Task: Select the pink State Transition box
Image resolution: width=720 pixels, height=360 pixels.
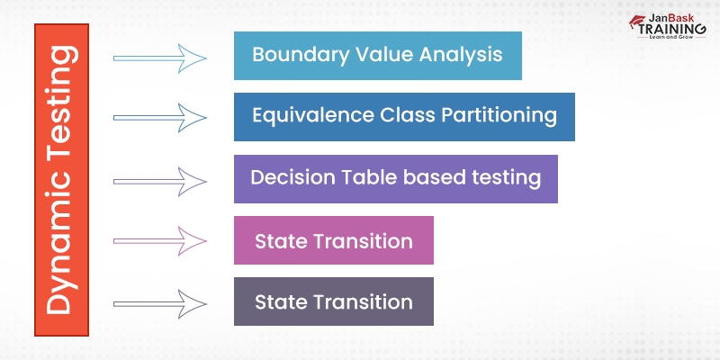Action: coord(333,240)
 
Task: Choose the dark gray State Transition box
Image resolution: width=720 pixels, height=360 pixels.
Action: coord(333,301)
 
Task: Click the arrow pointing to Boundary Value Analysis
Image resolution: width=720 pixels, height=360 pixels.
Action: coord(160,58)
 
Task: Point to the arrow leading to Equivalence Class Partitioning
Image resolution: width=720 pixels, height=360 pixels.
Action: coord(160,116)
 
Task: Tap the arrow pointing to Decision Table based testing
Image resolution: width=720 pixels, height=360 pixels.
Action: coord(160,180)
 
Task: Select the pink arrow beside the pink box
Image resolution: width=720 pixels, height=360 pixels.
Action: coord(160,240)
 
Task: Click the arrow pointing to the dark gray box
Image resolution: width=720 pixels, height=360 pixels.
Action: coord(160,301)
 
